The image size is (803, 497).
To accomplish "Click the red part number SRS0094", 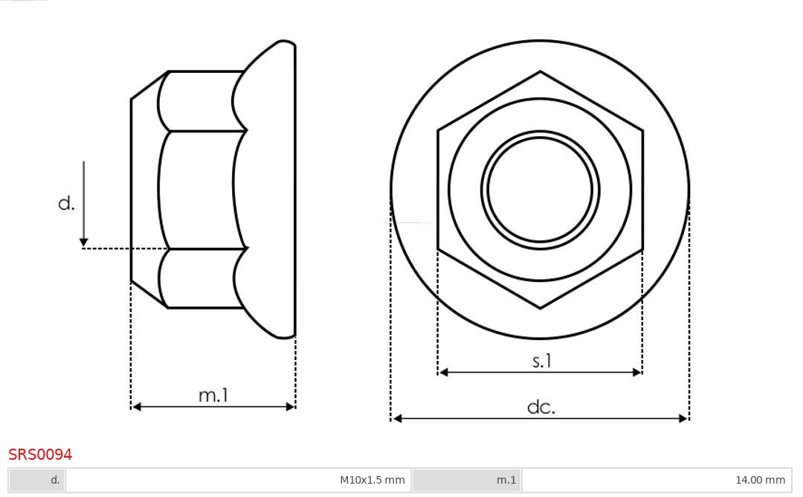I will point(40,455).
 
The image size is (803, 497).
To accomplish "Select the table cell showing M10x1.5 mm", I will point(238,480).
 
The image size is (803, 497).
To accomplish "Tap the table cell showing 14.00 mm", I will point(657,480).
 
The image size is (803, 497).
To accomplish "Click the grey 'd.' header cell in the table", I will point(37,480).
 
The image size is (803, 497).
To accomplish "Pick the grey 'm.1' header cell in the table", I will point(467,480).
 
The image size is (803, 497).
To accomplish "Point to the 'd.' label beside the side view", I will point(66,203).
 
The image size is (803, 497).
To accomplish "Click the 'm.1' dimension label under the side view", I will point(213,395).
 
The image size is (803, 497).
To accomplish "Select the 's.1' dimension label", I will point(542,361).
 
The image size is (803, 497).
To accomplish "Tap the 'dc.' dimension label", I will point(541,407).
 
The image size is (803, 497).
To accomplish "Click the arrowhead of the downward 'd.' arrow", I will point(84,242).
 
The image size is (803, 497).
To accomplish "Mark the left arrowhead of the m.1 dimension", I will point(136,407).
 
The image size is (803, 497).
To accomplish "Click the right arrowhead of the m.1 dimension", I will point(291,407).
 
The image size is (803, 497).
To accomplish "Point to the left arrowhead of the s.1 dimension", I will point(443,372).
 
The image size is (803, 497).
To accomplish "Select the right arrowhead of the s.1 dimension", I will point(637,372).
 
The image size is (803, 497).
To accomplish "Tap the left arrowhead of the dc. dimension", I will point(397,419).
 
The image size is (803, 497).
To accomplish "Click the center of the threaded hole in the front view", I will point(540,189).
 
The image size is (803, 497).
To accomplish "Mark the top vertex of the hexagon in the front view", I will point(540,71).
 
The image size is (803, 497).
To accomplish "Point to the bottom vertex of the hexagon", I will point(540,307).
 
